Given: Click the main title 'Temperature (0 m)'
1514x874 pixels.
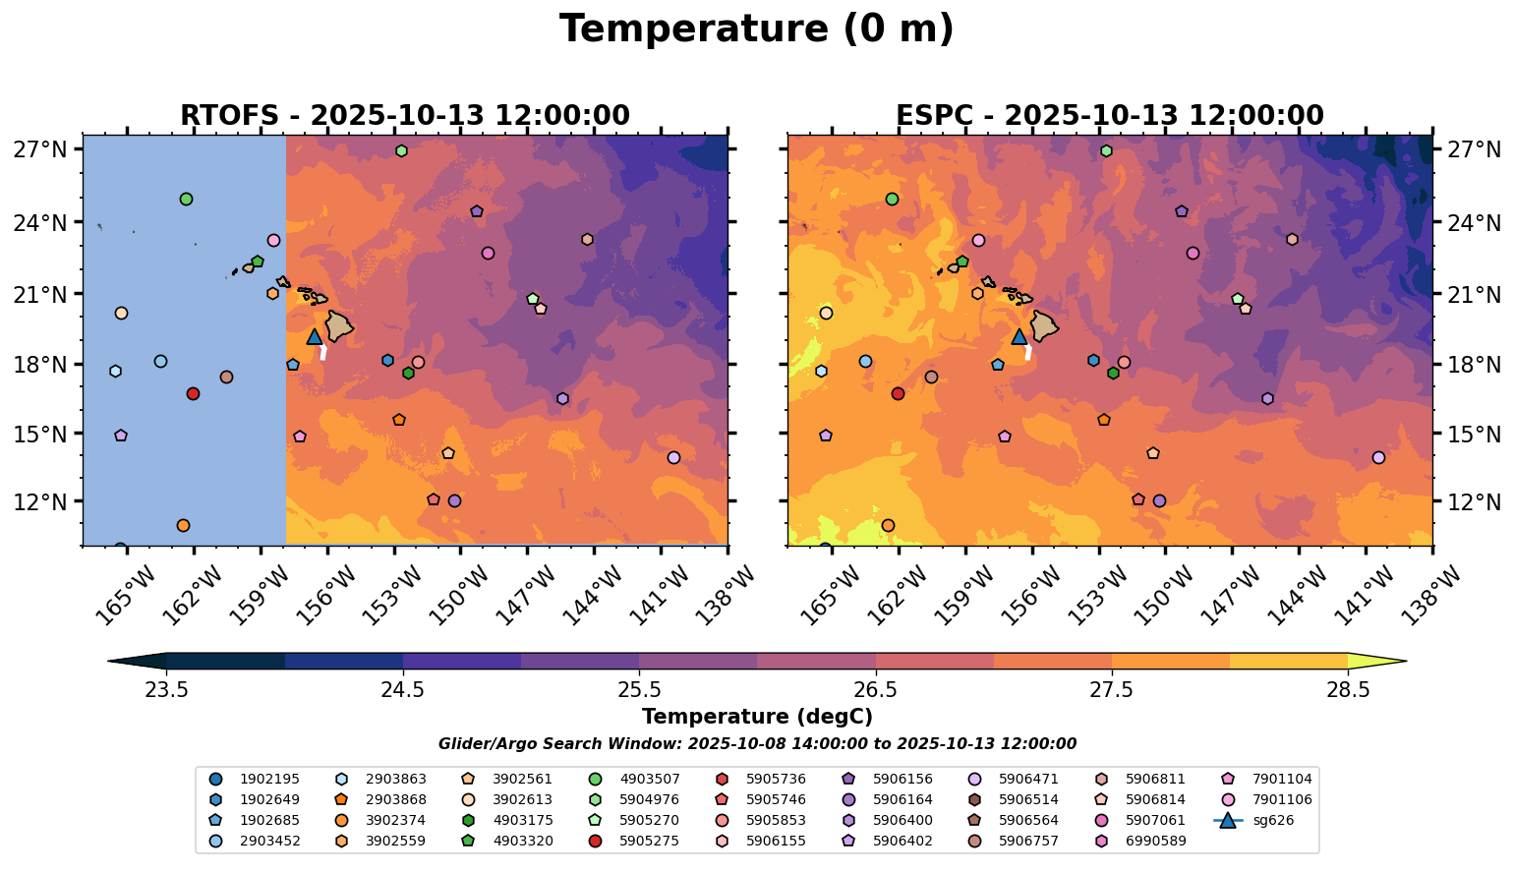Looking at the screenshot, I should (756, 29).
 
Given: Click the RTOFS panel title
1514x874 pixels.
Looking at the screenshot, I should (404, 116).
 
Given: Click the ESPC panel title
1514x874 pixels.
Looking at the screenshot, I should (1109, 116).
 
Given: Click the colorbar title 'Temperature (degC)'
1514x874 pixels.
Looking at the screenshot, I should (757, 717).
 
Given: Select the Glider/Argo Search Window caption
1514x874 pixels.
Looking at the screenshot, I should (757, 744).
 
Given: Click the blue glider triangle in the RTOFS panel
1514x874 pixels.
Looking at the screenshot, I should (315, 337).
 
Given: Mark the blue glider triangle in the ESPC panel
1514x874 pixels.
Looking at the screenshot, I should (1019, 337).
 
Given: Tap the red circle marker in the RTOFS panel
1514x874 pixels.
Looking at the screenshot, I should (193, 393).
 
